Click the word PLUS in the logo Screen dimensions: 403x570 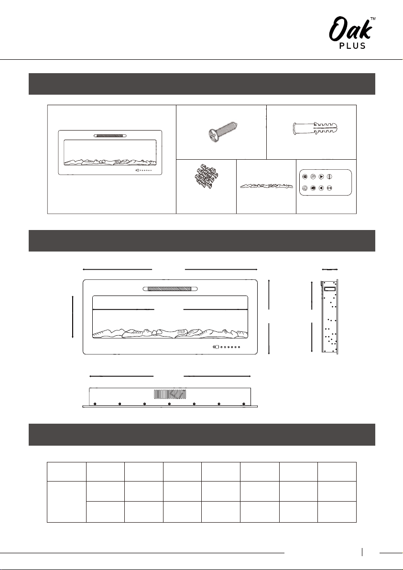[352, 46]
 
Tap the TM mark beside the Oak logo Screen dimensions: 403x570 [372, 18]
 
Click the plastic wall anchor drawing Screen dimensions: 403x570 [316, 129]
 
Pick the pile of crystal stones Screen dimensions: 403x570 [206, 176]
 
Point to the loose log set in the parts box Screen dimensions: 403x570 [266, 186]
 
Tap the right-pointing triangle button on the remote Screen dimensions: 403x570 [321, 177]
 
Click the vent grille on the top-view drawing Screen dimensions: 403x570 [170, 394]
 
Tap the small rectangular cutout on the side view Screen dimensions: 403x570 [329, 289]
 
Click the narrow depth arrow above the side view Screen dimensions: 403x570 [330, 269]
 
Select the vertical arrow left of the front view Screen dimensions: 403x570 [73, 317]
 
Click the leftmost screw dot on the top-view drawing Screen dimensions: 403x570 [95, 404]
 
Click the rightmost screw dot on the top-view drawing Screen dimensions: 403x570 [244, 404]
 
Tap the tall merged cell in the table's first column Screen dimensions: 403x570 [66, 502]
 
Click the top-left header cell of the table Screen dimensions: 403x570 [66, 472]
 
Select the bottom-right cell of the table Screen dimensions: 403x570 [337, 512]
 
